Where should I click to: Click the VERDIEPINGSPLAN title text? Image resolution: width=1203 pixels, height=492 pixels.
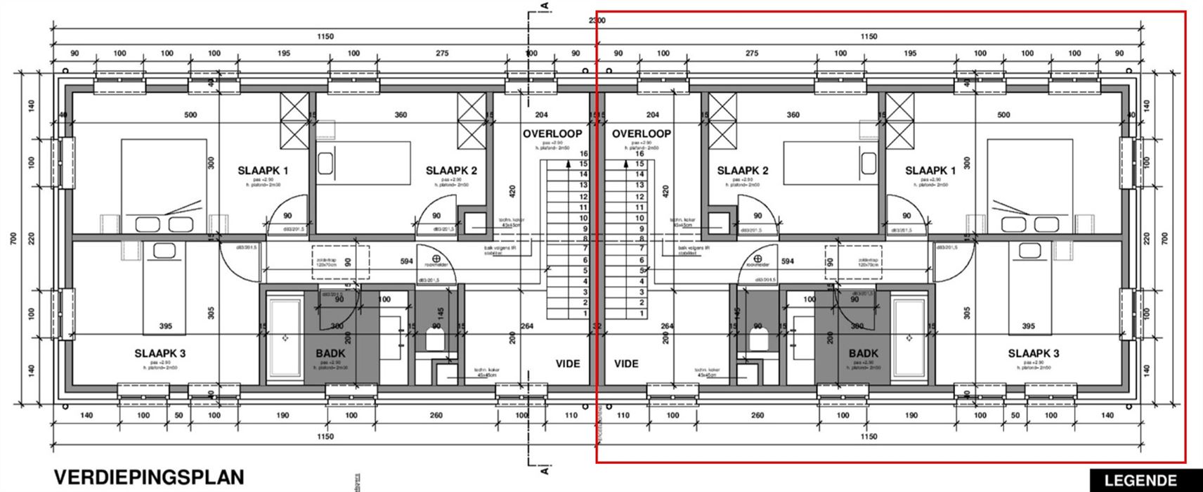(149, 477)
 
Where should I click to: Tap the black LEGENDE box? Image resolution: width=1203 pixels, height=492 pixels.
(1140, 481)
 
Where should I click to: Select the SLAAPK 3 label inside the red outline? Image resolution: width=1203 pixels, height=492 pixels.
(1033, 354)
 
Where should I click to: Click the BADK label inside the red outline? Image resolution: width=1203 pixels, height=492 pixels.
(863, 354)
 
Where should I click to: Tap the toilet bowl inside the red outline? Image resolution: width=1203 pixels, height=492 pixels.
(758, 342)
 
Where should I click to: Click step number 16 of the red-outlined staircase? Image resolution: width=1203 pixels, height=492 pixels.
(639, 154)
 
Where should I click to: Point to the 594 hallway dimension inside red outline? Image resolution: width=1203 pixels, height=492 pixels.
(787, 261)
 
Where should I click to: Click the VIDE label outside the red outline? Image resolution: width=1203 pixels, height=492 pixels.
(568, 363)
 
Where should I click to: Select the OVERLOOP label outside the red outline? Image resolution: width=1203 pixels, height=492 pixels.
(552, 134)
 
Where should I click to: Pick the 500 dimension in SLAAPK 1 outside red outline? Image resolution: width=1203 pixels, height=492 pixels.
(190, 115)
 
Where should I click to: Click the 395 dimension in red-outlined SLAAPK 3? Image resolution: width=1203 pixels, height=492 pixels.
(1027, 326)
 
